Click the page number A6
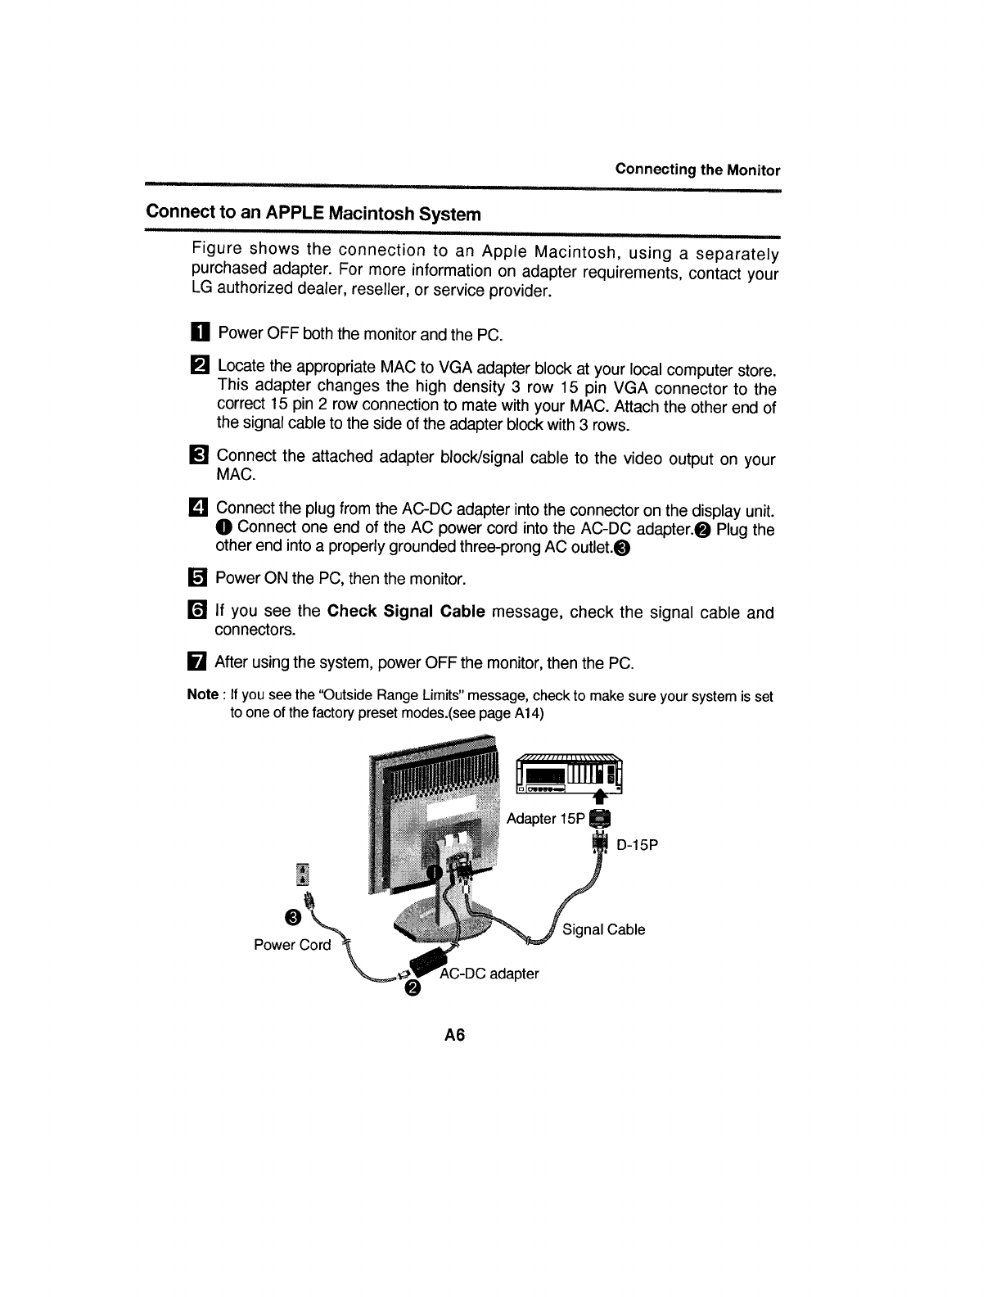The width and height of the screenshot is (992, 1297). pyautogui.click(x=454, y=1036)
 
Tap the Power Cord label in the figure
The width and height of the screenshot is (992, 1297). pyautogui.click(x=292, y=945)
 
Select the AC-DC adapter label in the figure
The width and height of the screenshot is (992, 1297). pyautogui.click(x=489, y=974)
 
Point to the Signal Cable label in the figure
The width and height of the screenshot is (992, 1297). pyautogui.click(x=604, y=929)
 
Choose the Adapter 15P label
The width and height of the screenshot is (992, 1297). pyautogui.click(x=544, y=819)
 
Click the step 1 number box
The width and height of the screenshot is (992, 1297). pyautogui.click(x=201, y=334)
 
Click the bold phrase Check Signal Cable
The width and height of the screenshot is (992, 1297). pyautogui.click(x=406, y=612)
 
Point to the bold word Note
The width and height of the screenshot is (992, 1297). pyautogui.click(x=202, y=695)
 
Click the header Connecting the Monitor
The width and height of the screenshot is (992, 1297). pyautogui.click(x=697, y=170)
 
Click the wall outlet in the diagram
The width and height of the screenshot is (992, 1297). pyautogui.click(x=303, y=874)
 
